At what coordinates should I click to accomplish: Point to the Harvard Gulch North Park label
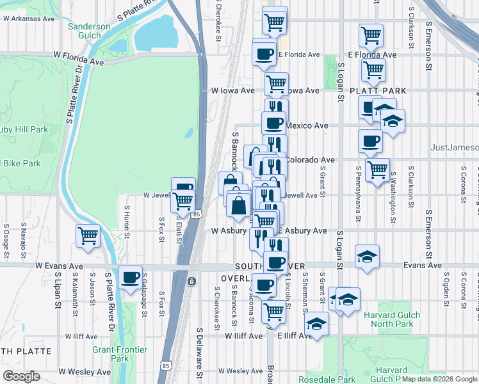tap(392, 319)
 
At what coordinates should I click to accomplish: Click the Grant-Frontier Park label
tap(120, 354)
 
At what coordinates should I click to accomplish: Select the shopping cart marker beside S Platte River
tap(87, 236)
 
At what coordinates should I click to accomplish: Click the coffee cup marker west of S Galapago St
tap(131, 278)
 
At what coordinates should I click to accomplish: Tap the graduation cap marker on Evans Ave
tap(367, 257)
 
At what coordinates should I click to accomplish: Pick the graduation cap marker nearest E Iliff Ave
tap(316, 324)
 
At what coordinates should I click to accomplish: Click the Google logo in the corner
tap(21, 376)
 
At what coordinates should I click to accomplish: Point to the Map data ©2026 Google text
tap(439, 379)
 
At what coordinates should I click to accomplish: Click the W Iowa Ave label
tap(233, 91)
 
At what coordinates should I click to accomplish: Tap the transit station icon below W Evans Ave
tap(191, 281)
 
